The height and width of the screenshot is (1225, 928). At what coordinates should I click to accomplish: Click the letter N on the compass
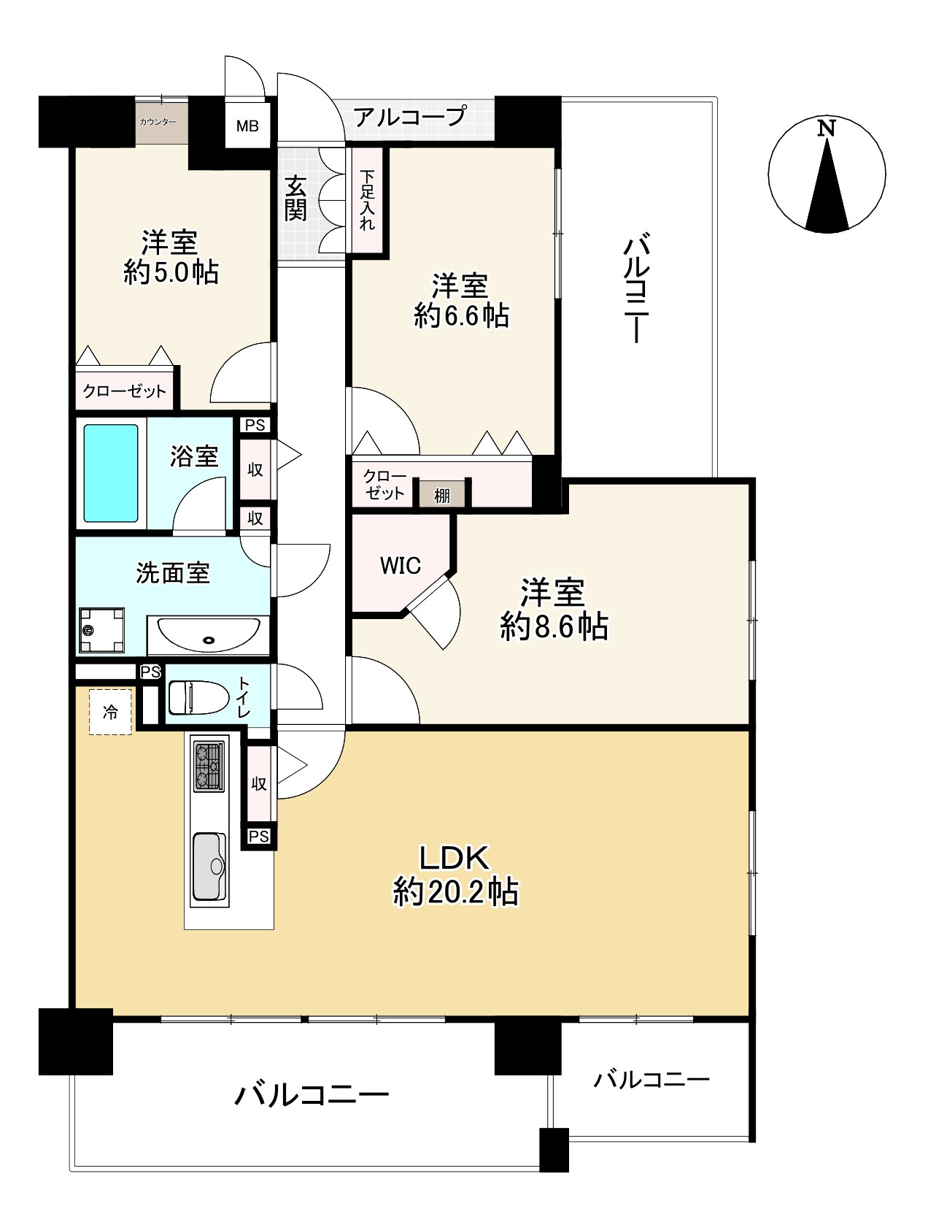tap(825, 129)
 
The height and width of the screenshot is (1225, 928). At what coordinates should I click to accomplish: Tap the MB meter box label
tap(247, 126)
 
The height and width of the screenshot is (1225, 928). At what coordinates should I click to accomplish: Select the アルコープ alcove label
tap(409, 116)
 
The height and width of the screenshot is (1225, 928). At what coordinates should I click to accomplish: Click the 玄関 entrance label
tap(295, 199)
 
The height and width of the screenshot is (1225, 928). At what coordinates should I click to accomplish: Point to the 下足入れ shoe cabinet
tap(368, 200)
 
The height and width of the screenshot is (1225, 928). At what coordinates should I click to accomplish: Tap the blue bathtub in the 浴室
tap(111, 473)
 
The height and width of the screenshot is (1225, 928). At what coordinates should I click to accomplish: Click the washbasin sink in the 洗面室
tap(209, 634)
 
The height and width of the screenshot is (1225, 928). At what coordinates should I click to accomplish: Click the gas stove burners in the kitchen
tap(210, 766)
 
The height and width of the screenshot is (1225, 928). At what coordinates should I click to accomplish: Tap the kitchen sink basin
tap(210, 867)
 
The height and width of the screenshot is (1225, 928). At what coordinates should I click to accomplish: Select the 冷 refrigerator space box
tap(111, 711)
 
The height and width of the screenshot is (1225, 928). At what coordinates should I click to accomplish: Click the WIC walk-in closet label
tap(400, 565)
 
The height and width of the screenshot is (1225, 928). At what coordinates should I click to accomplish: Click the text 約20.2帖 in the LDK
tap(456, 892)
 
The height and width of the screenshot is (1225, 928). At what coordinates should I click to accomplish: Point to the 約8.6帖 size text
tap(554, 626)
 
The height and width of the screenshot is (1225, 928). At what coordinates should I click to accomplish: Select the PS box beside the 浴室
tap(255, 425)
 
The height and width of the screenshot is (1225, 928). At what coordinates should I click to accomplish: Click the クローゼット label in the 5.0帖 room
tap(125, 391)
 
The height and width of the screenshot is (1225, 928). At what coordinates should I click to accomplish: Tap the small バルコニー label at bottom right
tap(651, 1079)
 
